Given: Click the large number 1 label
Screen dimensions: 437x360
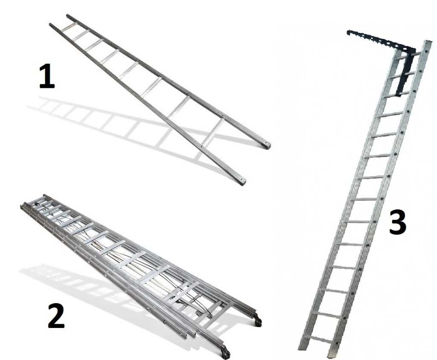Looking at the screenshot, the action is tap(47, 76).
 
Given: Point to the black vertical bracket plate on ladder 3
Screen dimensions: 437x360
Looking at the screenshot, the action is tap(404, 73).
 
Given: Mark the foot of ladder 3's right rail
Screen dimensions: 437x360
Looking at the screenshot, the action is tap(331, 354).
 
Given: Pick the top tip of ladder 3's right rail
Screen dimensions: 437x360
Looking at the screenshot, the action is tap(428, 41).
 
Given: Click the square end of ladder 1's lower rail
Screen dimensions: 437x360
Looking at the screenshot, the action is tap(242, 181).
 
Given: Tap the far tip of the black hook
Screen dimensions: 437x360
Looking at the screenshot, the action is tap(348, 32).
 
